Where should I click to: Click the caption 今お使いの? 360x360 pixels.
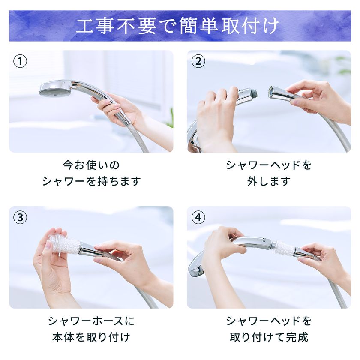click(x=91, y=165)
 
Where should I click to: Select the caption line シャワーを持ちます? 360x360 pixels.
click(x=91, y=181)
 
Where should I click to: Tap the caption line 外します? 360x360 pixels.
click(x=269, y=181)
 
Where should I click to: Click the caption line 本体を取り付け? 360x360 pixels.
click(x=91, y=337)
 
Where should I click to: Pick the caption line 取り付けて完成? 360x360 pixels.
click(x=269, y=337)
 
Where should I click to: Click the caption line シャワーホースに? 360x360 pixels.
click(x=91, y=321)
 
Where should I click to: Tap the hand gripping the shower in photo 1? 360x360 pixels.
click(x=115, y=107)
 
